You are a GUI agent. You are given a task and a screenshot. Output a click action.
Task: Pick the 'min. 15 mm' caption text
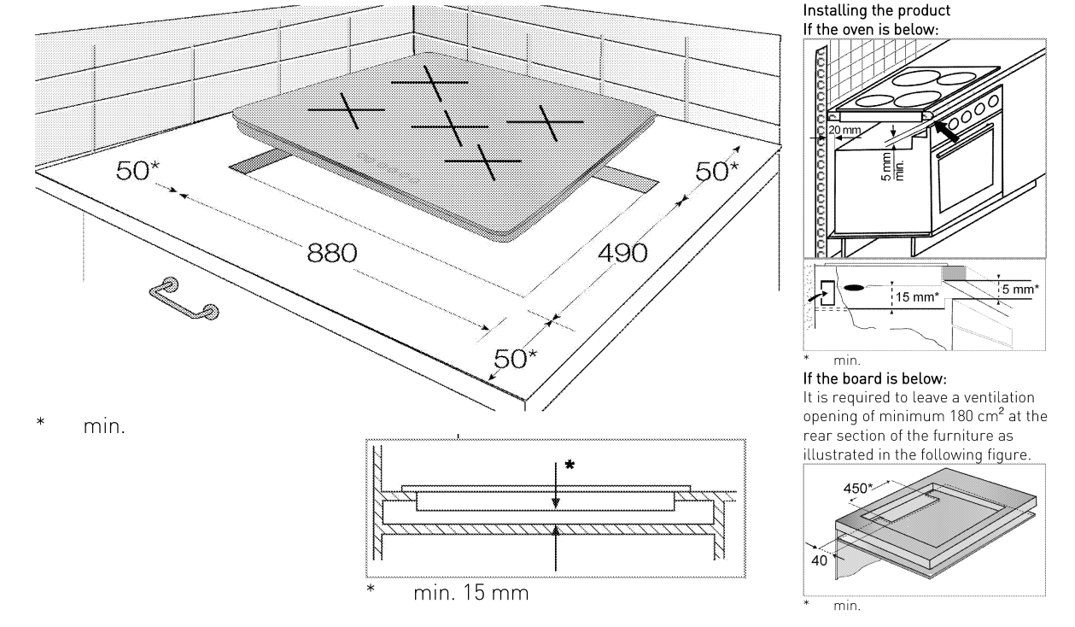(471, 593)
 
